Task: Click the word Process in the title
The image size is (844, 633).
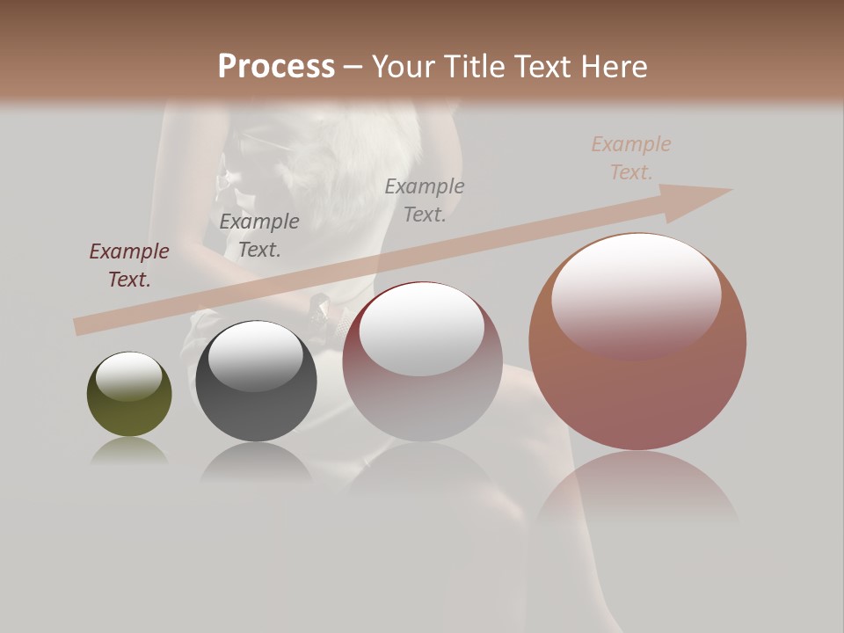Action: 276,67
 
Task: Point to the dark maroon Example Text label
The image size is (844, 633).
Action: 129,266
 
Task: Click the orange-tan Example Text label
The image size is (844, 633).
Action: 631,158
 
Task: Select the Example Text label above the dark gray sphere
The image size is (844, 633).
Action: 259,236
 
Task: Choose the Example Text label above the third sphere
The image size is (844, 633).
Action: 425,200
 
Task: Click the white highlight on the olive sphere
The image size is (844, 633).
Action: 129,376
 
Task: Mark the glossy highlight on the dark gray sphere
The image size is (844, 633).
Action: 255,356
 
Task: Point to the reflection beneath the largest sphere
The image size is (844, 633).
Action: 637,497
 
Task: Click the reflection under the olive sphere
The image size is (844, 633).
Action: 129,453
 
